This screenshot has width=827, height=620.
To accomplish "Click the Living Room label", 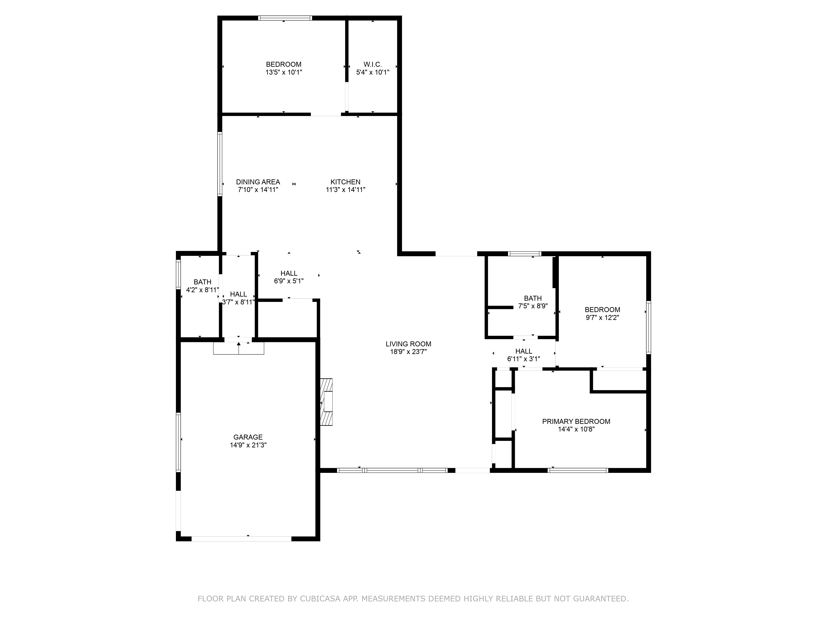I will coord(408,344).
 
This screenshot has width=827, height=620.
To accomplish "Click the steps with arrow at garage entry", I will coord(239,348).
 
